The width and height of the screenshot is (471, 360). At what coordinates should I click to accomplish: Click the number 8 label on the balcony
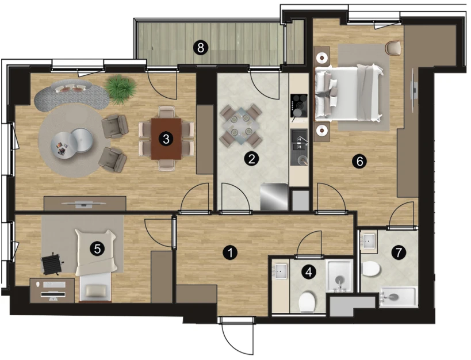coord(201,48)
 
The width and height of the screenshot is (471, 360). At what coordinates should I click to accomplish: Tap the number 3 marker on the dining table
coord(166,139)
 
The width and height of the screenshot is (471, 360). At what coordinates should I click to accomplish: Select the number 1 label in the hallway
coord(230,252)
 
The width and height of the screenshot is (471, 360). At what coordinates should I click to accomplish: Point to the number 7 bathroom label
coord(399,252)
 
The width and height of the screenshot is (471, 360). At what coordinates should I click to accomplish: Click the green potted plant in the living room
coord(121,89)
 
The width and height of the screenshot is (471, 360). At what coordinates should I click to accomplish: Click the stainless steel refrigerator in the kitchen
coord(274,197)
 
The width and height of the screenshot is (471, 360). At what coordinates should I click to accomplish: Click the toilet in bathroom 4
coord(307,301)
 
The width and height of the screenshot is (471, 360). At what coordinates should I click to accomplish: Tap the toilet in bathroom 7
coord(371,269)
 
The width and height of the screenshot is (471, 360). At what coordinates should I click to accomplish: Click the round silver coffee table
coord(71,142)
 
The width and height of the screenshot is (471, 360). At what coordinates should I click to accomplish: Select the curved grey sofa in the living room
coord(71,95)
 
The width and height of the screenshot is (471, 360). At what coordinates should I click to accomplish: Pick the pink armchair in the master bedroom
coord(394,48)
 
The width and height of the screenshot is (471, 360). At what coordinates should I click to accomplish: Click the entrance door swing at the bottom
coord(238,339)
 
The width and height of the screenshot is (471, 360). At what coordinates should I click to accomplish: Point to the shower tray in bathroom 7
coord(399,297)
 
